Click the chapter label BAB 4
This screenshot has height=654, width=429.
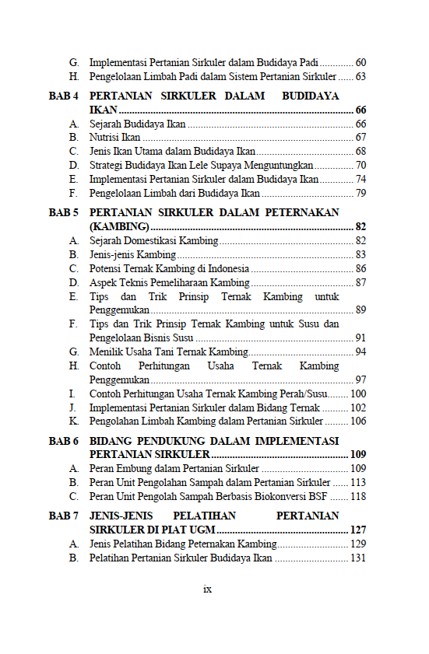click(x=64, y=96)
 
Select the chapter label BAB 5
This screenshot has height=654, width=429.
click(x=64, y=212)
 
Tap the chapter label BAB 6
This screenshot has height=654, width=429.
click(x=64, y=441)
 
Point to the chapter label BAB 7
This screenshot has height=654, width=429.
click(x=64, y=516)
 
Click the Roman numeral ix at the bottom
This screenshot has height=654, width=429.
click(x=208, y=589)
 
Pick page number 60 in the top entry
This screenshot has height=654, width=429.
click(x=360, y=62)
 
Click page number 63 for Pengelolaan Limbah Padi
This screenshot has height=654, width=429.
click(x=360, y=77)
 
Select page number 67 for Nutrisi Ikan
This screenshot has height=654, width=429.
click(x=360, y=138)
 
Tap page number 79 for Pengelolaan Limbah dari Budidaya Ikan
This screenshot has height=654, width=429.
click(x=360, y=193)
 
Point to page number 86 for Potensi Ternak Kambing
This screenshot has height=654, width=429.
click(x=360, y=268)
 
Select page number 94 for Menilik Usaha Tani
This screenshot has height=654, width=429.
click(x=360, y=351)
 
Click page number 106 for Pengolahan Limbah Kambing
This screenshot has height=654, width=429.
click(x=358, y=421)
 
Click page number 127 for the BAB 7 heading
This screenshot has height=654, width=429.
click(x=358, y=530)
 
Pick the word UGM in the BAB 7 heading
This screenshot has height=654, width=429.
click(x=200, y=530)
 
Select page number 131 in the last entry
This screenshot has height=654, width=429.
click(x=358, y=558)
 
